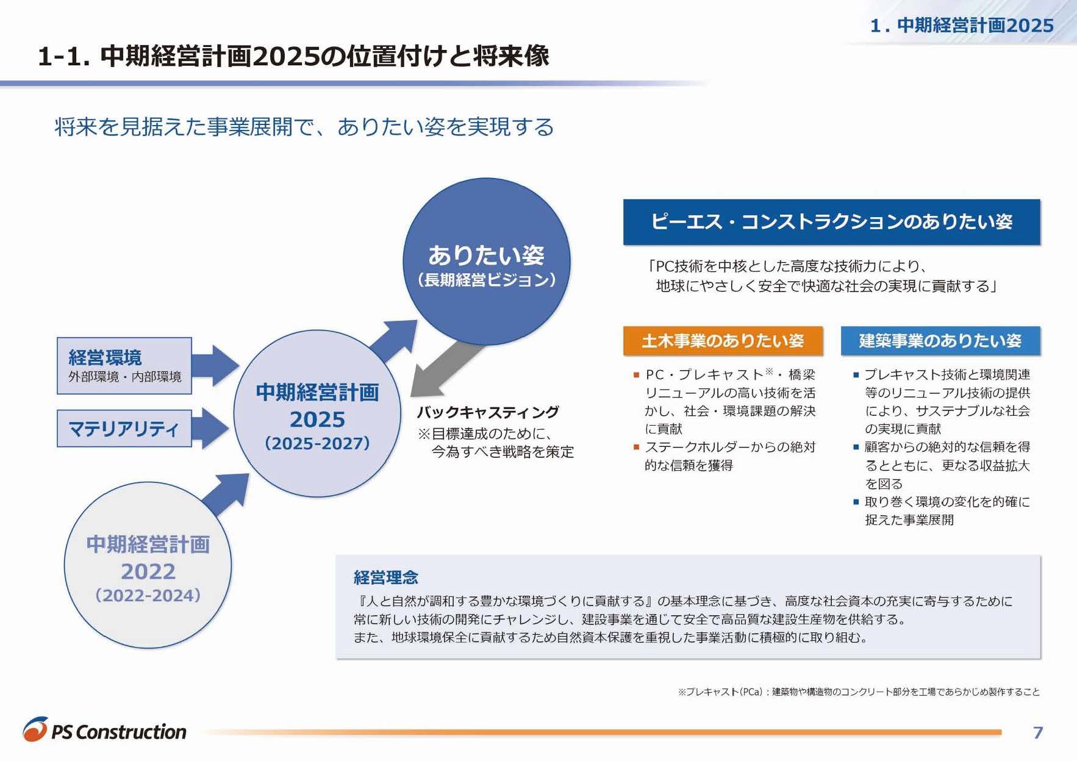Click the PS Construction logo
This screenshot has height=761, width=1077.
coord(105,730)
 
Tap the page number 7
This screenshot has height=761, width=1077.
coord(1038,732)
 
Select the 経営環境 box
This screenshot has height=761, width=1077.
coord(124,365)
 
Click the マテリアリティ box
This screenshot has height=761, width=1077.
coord(124,428)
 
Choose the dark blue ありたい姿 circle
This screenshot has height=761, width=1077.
coord(486,262)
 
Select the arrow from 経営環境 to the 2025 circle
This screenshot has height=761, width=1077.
coord(215,365)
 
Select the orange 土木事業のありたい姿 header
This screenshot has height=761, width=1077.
coord(723,340)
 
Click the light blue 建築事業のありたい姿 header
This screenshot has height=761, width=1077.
coord(940,340)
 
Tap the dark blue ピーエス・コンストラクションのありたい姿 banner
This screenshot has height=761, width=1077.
coord(831,221)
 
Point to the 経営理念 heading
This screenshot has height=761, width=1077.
coord(386,577)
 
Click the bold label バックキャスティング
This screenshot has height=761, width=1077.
coord(487,412)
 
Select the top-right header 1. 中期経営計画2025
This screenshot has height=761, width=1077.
coord(962,25)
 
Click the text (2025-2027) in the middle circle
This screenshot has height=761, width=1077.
coord(317,443)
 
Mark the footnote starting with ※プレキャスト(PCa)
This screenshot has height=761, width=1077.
coord(858,691)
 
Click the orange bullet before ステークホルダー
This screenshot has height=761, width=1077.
coord(636,447)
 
